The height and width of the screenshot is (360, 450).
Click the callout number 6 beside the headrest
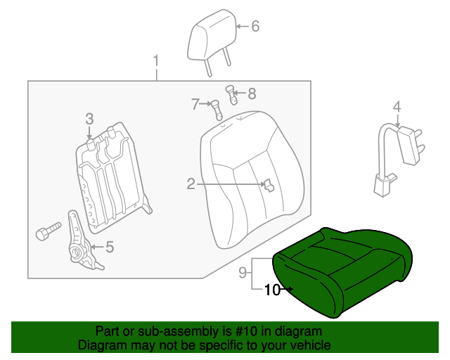click(255, 27)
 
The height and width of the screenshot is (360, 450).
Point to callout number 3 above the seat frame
click(89, 117)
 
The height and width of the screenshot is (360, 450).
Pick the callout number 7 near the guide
click(195, 104)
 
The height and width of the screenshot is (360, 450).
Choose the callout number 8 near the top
click(252, 93)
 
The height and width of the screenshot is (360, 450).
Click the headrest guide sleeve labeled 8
click(229, 93)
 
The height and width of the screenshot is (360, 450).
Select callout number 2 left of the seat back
click(191, 184)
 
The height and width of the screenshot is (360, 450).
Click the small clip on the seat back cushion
click(267, 185)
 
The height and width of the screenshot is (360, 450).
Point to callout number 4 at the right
click(397, 107)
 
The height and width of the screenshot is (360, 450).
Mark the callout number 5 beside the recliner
click(109, 246)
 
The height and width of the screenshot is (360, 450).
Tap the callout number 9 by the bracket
click(241, 271)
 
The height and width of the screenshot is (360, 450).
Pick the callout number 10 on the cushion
click(272, 289)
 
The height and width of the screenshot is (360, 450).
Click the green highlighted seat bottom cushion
click(345, 271)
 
